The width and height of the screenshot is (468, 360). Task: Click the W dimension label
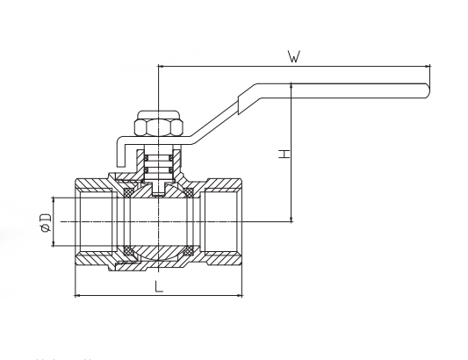click(x=294, y=57)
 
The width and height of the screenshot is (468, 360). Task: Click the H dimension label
click(x=284, y=154)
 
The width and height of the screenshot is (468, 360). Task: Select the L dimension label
click(x=159, y=286)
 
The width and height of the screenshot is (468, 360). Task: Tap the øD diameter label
click(x=46, y=222)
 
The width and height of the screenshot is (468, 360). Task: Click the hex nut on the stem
click(x=158, y=128)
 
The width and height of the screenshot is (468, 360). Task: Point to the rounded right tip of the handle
click(x=428, y=90)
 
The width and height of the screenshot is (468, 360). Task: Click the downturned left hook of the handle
click(x=120, y=152)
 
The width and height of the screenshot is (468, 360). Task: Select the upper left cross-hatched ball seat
click(x=129, y=192)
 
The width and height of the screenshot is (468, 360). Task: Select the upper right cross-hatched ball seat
click(x=189, y=192)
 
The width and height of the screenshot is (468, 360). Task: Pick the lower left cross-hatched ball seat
click(x=129, y=250)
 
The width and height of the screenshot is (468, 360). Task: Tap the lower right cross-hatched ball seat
click(x=189, y=250)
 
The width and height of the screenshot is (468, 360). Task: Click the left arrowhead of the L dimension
click(x=77, y=296)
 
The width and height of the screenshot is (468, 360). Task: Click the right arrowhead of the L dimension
click(x=239, y=296)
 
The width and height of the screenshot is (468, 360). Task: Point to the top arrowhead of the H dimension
click(x=292, y=87)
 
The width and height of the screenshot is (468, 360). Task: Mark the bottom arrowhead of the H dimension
click(x=292, y=219)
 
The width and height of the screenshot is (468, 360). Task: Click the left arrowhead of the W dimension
click(x=162, y=66)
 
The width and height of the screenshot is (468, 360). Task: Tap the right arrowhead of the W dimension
click(x=427, y=66)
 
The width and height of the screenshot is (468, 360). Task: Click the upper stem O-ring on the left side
click(x=147, y=157)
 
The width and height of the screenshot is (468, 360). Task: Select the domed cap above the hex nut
click(x=158, y=115)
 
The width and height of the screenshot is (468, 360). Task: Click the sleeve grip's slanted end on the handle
click(x=239, y=105)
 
